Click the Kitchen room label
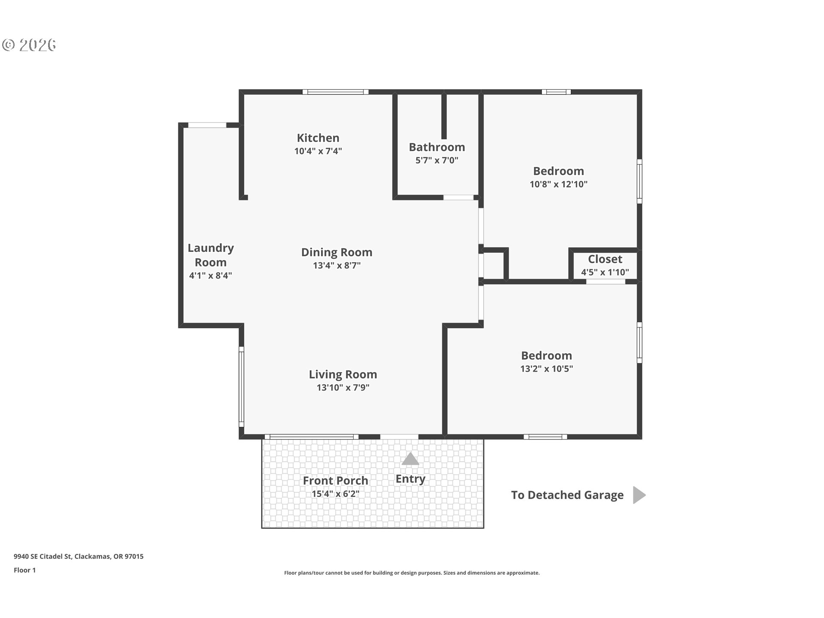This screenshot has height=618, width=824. point(318,138)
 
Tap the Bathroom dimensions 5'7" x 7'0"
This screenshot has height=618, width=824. point(437,161)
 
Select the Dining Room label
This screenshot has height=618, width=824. point(336,252)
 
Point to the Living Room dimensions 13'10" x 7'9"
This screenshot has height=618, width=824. point(343,388)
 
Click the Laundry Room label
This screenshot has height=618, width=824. point(211,255)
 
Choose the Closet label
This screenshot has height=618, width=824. point(605,259)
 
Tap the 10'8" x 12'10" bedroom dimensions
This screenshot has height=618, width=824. point(558,184)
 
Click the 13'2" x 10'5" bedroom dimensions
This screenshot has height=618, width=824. point(546,369)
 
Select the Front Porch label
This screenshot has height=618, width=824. point(335,481)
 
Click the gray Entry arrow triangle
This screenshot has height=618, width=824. point(410,459)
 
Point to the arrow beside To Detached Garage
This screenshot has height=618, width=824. point(639,495)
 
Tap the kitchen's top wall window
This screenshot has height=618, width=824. point(336,92)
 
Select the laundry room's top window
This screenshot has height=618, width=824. point(207,125)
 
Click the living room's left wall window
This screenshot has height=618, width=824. point(241,387)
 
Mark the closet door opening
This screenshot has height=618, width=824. point(606,282)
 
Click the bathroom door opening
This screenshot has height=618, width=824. point(458,197)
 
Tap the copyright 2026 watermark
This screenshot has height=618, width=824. point(29,45)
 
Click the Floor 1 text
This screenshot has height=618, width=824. point(25,570)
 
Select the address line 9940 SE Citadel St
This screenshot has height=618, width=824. point(79,557)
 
